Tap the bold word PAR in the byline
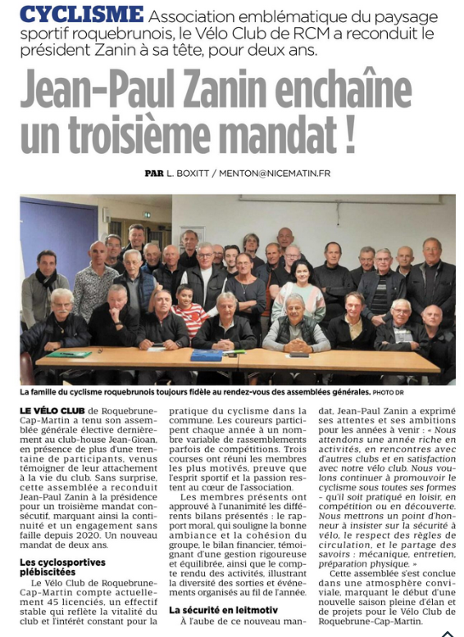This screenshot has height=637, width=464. pyautogui.click(x=154, y=174)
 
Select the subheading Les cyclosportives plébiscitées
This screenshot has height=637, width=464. pyautogui.click(x=61, y=567)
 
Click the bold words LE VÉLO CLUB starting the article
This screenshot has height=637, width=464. pyautogui.click(x=47, y=408)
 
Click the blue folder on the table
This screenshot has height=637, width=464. pyautogui.click(x=207, y=355)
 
